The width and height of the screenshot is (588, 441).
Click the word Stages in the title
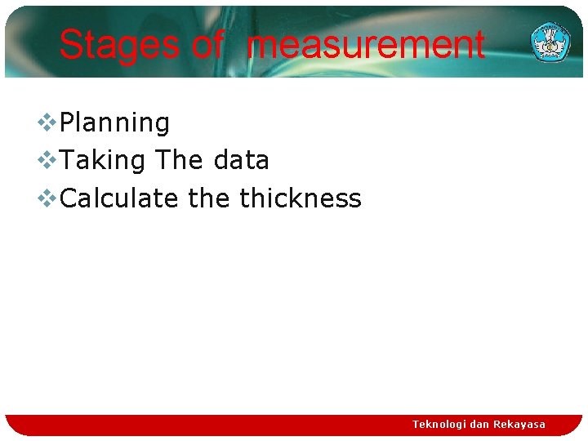click(x=119, y=45)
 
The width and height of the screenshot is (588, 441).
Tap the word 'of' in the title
click(x=207, y=45)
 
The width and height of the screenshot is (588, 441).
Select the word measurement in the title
click(x=365, y=45)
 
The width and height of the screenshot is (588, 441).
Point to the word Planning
click(x=115, y=123)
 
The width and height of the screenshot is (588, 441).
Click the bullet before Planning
click(x=46, y=122)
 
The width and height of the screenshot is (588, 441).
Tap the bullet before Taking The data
click(x=46, y=160)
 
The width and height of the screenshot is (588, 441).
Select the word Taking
click(x=104, y=161)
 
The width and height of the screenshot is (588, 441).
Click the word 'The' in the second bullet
click(x=180, y=160)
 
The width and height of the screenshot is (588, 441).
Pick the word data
click(x=241, y=161)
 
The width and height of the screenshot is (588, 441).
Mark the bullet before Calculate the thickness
click(x=46, y=198)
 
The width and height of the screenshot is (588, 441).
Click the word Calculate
click(x=119, y=198)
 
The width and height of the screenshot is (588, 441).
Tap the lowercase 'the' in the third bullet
click(x=209, y=198)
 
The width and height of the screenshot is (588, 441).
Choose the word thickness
click(x=300, y=198)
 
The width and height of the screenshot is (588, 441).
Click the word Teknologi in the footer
click(x=439, y=425)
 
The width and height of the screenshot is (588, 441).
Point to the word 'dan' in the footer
click(x=479, y=425)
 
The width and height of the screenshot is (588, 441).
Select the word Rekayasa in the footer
click(x=519, y=425)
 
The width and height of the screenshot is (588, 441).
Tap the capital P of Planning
click(x=68, y=123)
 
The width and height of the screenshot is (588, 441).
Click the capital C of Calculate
click(x=69, y=198)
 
